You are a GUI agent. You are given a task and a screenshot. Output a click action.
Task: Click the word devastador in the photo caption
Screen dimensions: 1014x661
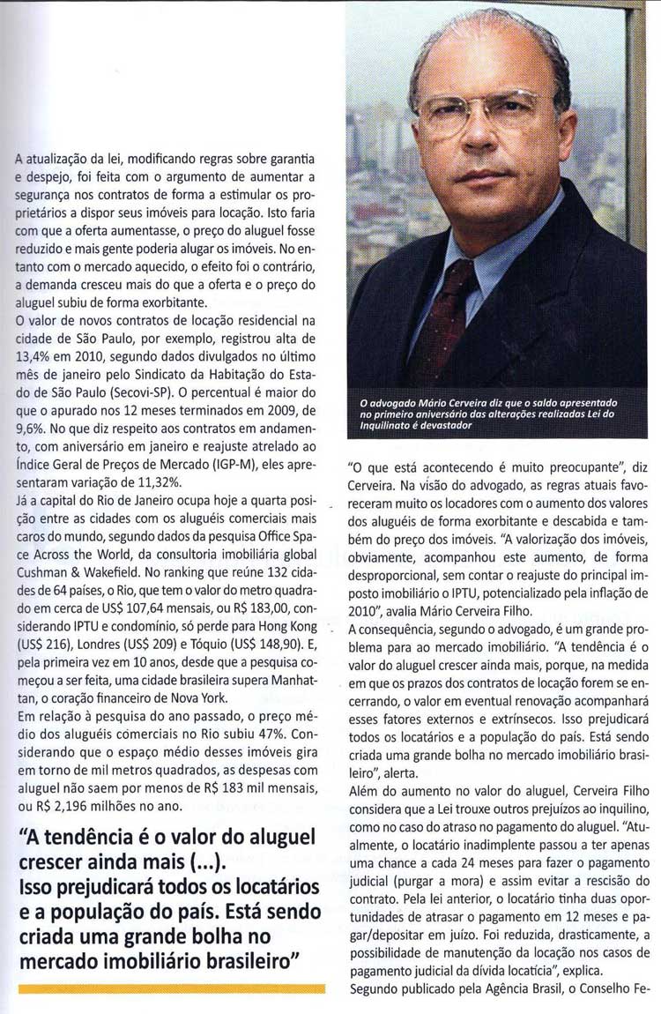coord(440,426)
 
